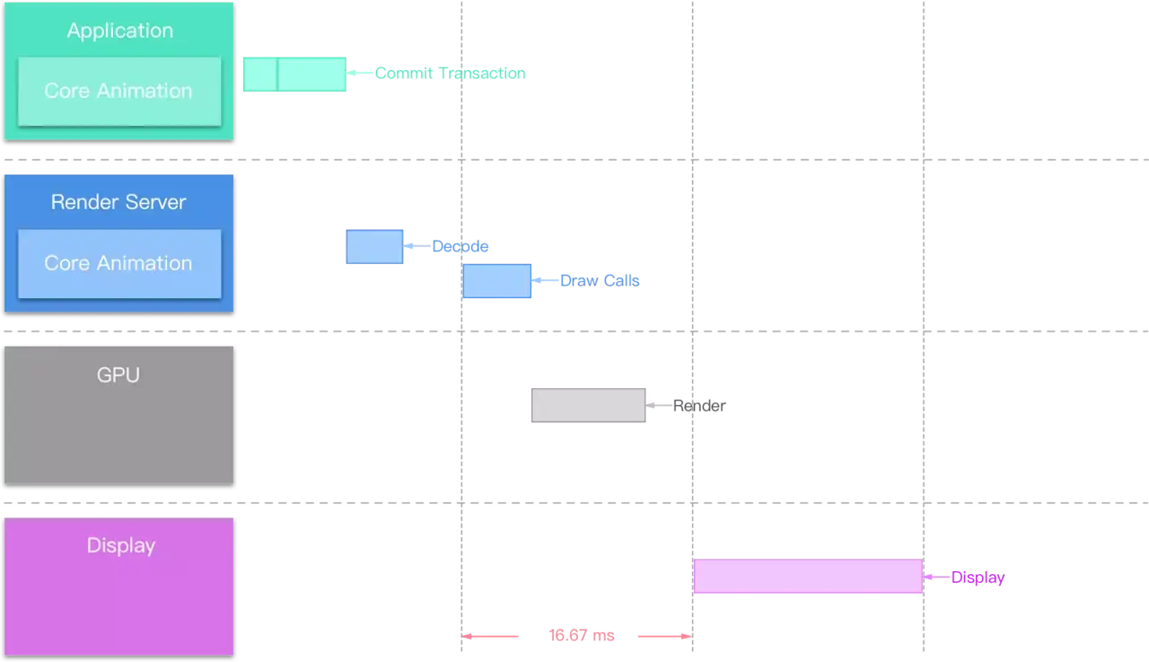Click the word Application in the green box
coord(119,31)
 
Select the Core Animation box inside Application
coord(118,91)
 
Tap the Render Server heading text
coord(118,202)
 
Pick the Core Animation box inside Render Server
coord(118,263)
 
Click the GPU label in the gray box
coord(118,375)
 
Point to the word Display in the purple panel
coord(120,545)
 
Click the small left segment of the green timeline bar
coord(259,75)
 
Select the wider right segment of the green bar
coord(311,75)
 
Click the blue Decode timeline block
coord(374,247)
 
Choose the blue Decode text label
coord(460,246)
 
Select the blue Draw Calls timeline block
coord(497,281)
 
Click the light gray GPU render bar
coord(588,405)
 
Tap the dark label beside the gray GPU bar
coord(698,406)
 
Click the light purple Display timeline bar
coord(808,577)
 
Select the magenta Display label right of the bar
coord(977,578)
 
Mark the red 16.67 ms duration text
coord(581,636)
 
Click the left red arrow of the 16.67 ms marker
coord(492,636)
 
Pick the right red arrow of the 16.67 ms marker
coord(662,636)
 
